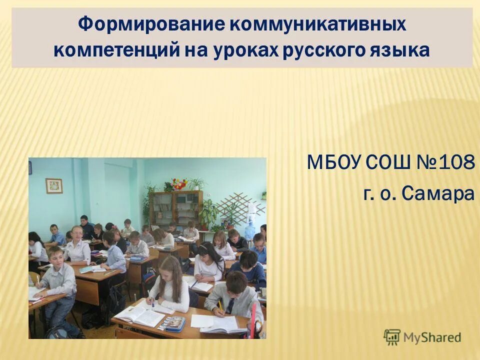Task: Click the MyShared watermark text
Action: click(432, 337)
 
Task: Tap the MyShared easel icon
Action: click(392, 337)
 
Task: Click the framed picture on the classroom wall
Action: click(54, 186)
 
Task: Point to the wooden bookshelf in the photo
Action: click(176, 208)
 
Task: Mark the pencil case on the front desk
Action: click(171, 324)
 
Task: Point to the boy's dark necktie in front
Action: click(231, 305)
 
